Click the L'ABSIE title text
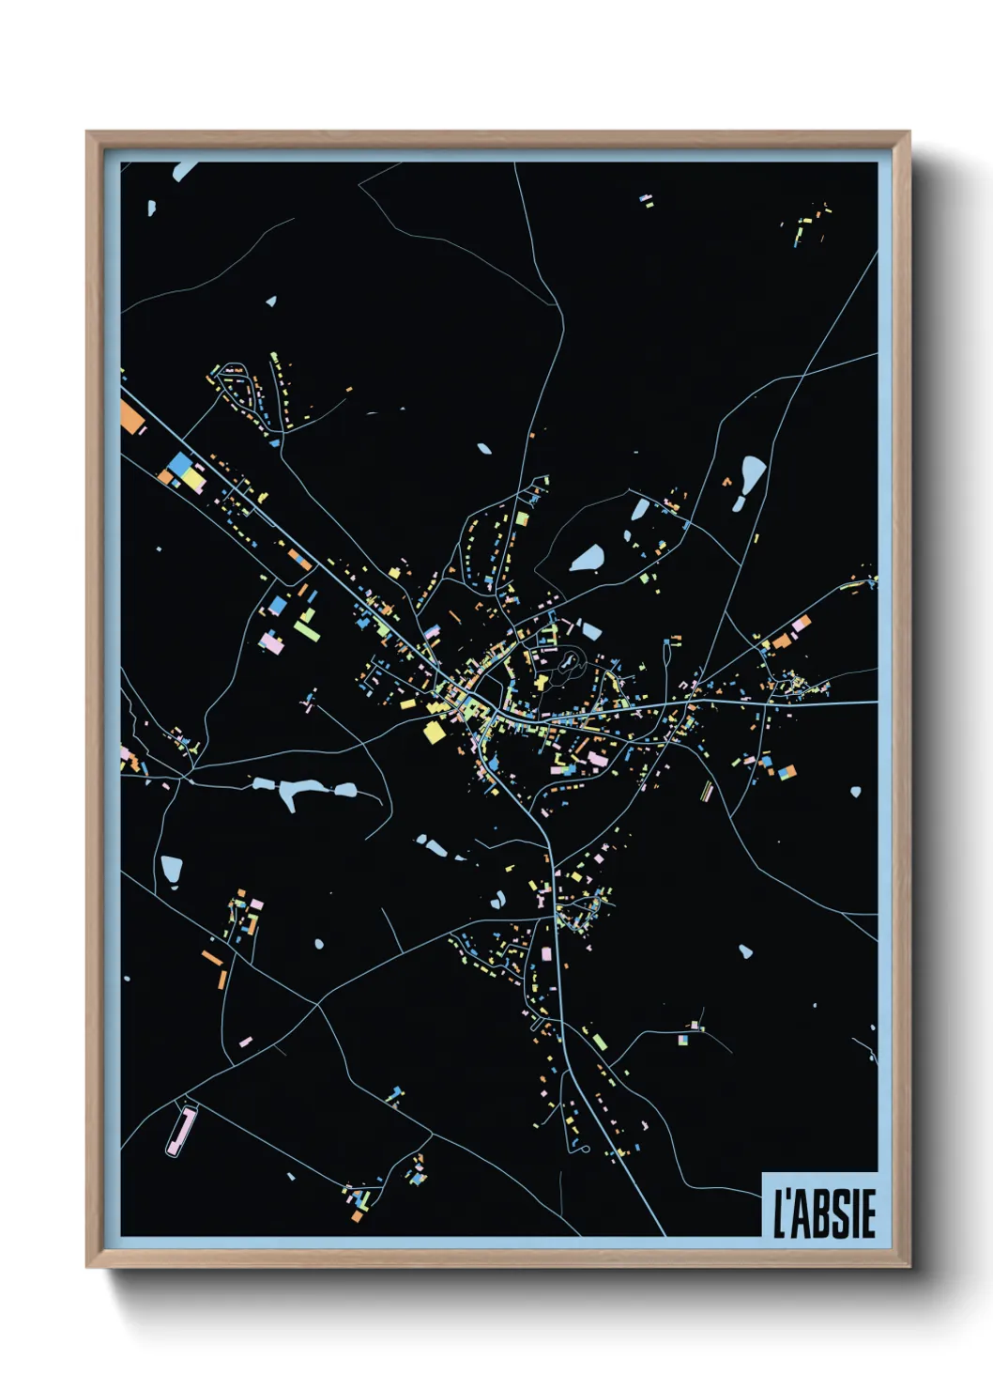point(823,1213)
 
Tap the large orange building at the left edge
point(130,415)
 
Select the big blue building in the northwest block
point(178,464)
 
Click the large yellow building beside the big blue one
point(193,479)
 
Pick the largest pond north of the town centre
point(588,558)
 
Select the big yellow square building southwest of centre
point(434,732)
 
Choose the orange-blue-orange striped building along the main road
point(298,560)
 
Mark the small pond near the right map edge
point(855,793)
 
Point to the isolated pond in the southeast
point(745,951)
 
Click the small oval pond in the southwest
point(319,944)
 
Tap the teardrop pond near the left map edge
point(171,869)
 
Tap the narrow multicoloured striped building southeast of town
point(708,792)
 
